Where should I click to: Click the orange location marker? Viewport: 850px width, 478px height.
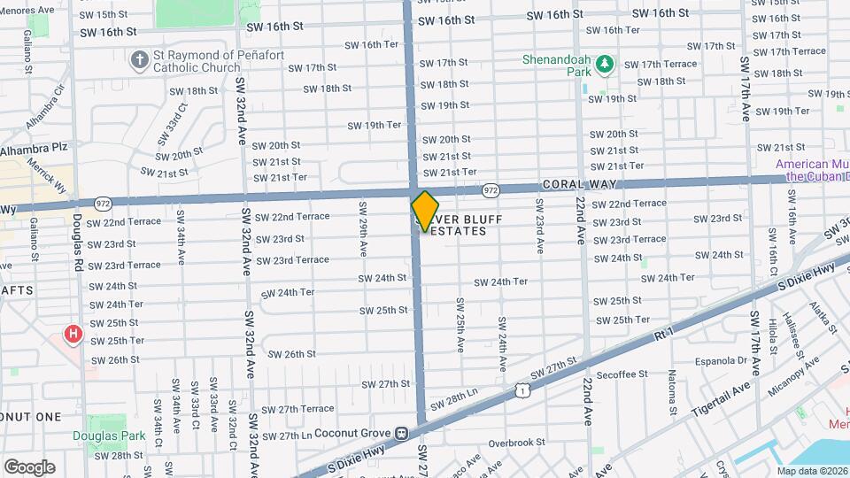click(425, 211)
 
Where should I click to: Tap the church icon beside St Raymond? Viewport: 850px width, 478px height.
click(138, 60)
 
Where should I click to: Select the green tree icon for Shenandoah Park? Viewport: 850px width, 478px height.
click(605, 64)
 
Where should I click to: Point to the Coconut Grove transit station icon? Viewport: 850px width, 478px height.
click(401, 434)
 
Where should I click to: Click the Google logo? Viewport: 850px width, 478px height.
click(29, 466)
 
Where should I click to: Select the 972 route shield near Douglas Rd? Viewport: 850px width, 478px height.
click(104, 203)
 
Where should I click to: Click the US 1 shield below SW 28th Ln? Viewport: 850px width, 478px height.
click(523, 389)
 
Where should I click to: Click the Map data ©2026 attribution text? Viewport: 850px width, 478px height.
click(813, 470)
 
